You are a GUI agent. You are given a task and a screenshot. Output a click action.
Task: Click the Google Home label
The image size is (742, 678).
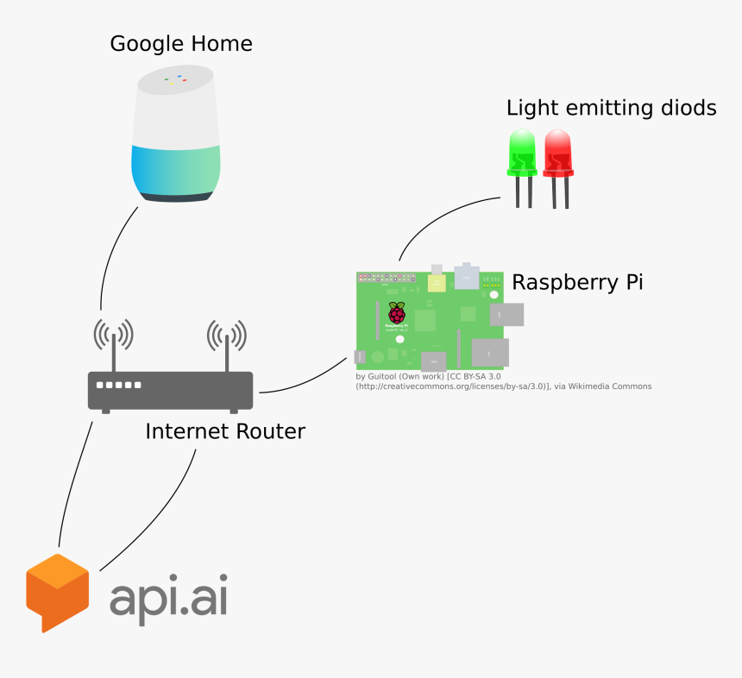[180, 43]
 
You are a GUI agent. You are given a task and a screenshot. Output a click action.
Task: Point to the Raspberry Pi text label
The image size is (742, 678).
[577, 282]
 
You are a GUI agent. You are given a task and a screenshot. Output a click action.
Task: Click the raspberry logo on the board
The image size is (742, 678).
[396, 314]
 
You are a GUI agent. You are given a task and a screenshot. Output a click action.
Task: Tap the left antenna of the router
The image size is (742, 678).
[113, 345]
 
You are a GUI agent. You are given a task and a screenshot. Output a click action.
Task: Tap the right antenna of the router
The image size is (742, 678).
[227, 345]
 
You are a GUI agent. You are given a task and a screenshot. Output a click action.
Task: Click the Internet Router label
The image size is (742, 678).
[224, 430]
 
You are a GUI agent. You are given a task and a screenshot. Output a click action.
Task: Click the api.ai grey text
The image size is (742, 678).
[168, 598]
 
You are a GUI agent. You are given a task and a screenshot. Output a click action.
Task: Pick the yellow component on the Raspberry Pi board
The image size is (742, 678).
[437, 282]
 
